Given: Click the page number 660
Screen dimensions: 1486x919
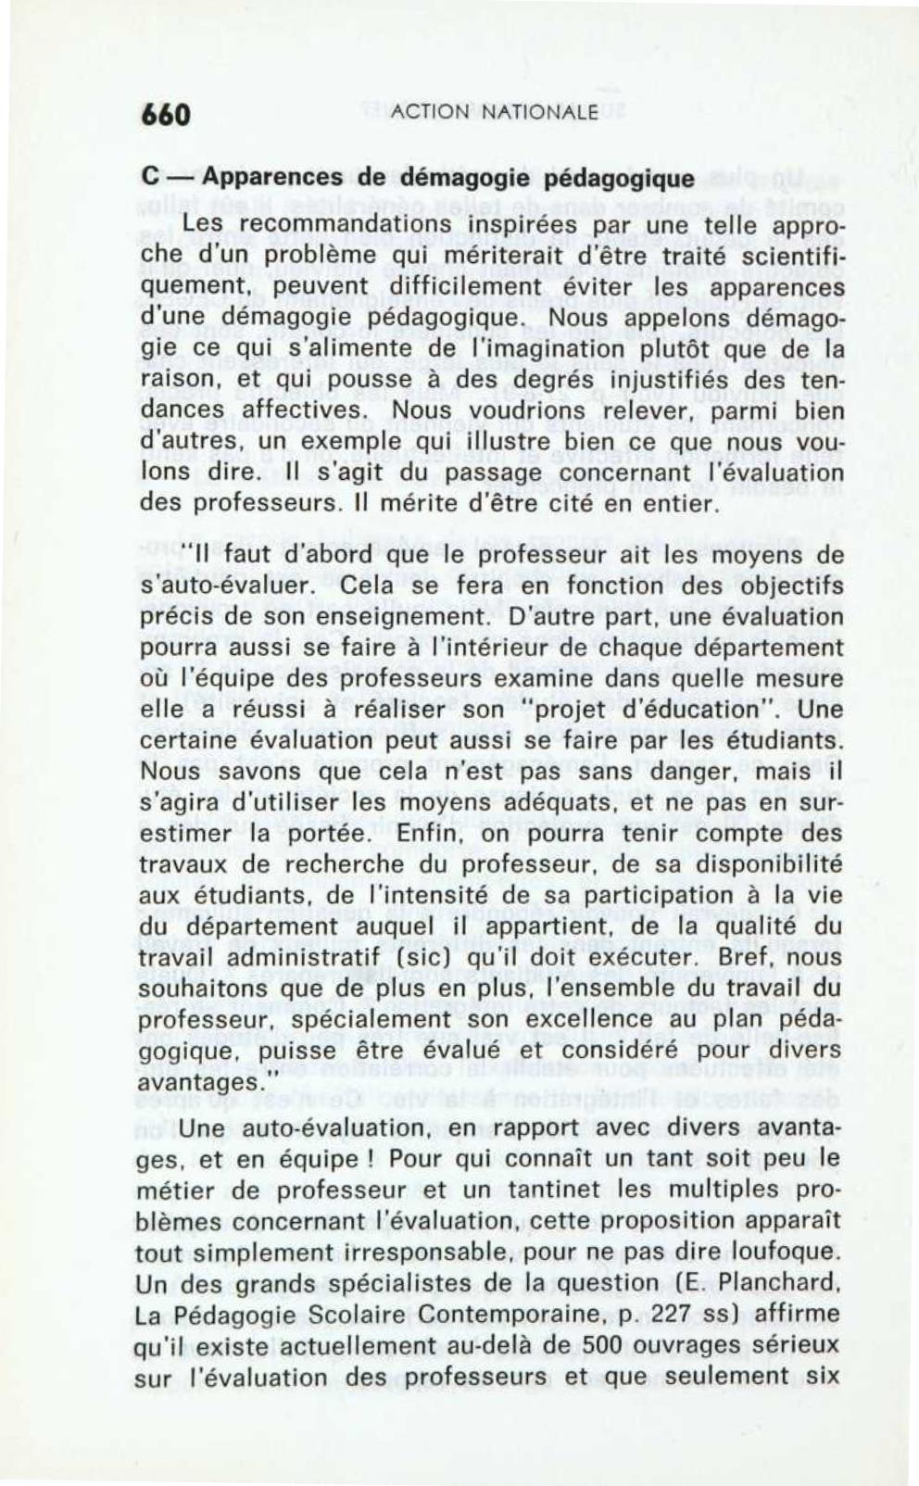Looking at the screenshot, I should pos(166,114).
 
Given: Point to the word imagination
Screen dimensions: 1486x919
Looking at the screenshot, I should pos(474,349).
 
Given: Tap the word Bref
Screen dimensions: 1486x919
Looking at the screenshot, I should pos(721,956).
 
